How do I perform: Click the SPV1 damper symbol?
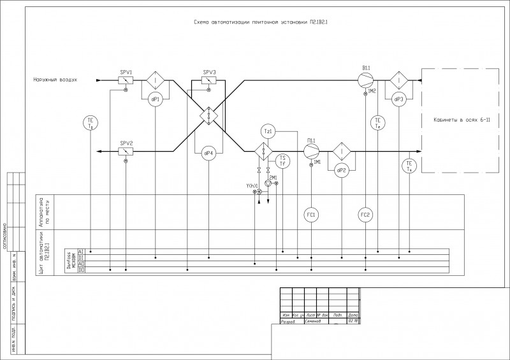[x=126, y=81]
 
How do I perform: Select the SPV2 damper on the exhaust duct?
[x=126, y=152]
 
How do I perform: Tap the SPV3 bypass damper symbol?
[x=209, y=81]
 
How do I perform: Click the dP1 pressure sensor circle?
[x=156, y=100]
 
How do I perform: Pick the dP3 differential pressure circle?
[x=399, y=100]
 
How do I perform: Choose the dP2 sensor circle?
[x=341, y=170]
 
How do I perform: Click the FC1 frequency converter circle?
[x=311, y=214]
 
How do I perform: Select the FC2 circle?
[x=365, y=214]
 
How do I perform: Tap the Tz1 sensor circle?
[x=268, y=131]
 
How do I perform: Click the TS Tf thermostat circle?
[x=282, y=161]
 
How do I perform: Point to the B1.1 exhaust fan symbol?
[x=366, y=81]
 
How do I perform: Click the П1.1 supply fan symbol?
[x=311, y=152]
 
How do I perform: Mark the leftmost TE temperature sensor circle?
[x=91, y=122]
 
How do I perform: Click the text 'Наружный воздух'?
[x=56, y=80]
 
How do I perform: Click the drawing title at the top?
[x=265, y=22]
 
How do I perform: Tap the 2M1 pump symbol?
[x=268, y=184]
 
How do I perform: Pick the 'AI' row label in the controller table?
[x=81, y=252]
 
